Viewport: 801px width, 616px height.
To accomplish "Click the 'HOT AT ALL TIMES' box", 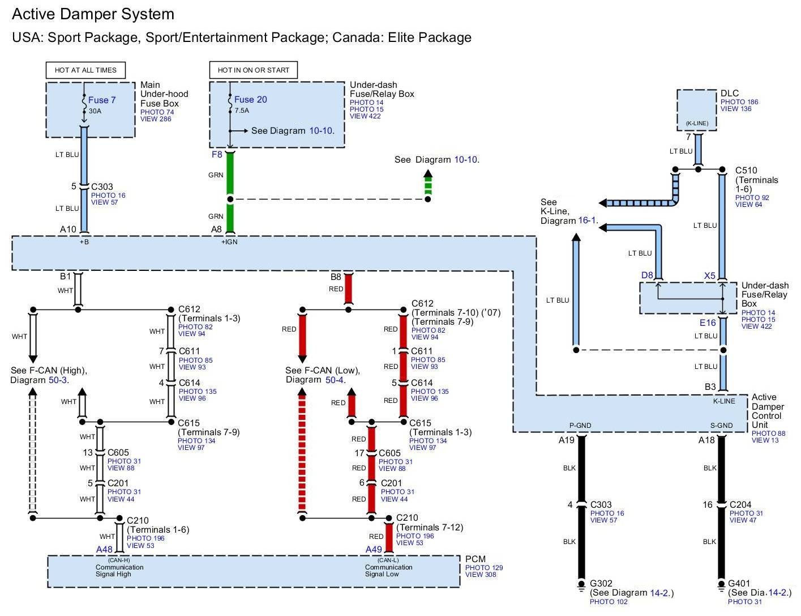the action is [x=85, y=70].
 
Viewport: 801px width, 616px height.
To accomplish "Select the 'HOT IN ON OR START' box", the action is [x=253, y=70].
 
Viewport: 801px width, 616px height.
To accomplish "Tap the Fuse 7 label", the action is [x=102, y=100].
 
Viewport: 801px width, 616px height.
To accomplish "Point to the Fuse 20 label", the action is [x=250, y=100].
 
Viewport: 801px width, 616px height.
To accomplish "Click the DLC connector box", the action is [x=697, y=110].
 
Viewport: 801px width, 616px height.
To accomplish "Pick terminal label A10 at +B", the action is [x=68, y=230].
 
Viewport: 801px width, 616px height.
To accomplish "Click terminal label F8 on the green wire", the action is [x=217, y=155].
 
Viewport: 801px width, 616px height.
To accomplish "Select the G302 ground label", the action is [x=601, y=584].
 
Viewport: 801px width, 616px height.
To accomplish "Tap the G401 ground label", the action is [x=739, y=584].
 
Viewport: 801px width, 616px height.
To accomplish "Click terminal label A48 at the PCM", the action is [x=104, y=550].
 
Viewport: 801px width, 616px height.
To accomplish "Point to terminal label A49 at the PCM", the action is [x=374, y=550].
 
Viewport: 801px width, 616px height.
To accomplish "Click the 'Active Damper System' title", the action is [x=93, y=14].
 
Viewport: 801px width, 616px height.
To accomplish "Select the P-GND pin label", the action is [x=580, y=426].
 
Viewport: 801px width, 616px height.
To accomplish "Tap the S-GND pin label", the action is [x=721, y=426].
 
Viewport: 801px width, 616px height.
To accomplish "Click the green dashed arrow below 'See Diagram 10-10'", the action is [x=427, y=182].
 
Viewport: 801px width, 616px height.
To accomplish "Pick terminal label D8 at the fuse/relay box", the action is [x=647, y=275].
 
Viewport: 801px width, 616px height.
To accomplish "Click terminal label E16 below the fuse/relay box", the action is [x=708, y=323].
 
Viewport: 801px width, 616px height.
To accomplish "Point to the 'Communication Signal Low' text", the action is [x=388, y=571].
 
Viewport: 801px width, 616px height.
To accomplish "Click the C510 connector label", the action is [x=746, y=171].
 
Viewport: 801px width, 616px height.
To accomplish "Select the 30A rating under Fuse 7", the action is [x=95, y=111].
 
